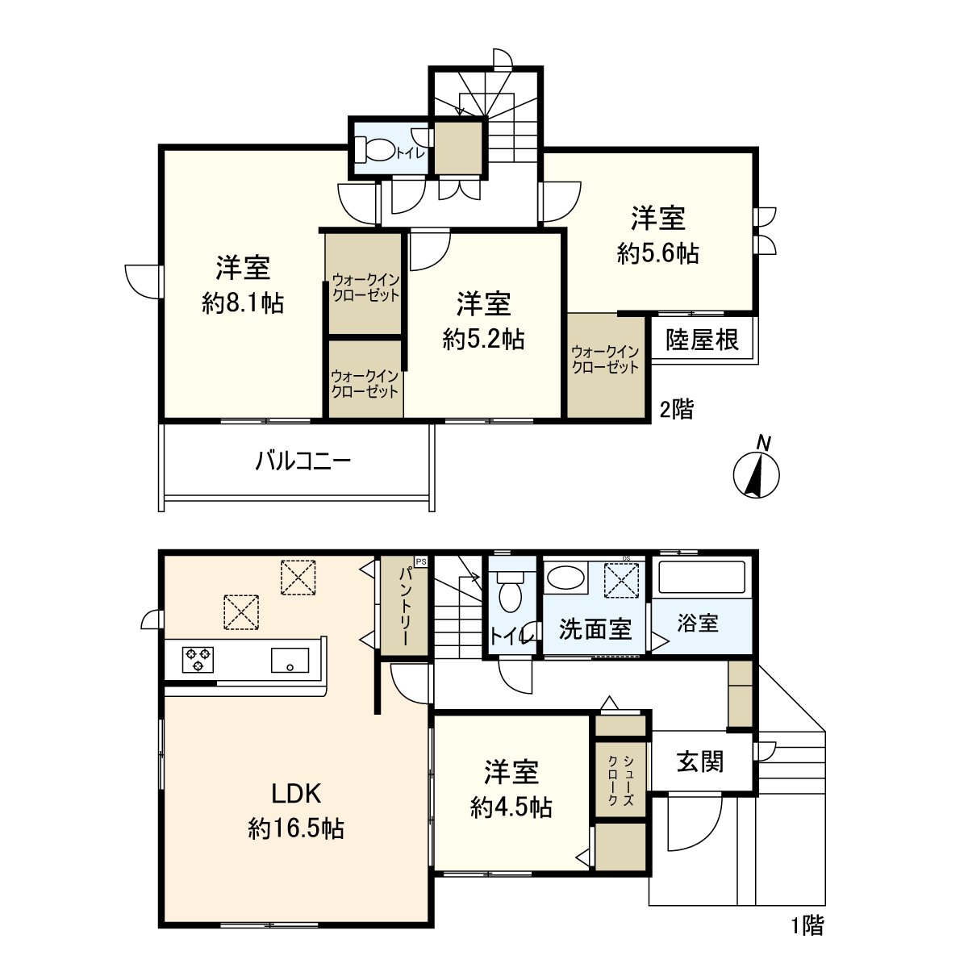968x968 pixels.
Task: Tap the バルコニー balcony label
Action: [302, 462]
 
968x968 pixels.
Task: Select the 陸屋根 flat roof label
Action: [702, 340]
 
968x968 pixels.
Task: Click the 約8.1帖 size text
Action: [242, 304]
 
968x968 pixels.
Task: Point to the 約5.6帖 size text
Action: [657, 254]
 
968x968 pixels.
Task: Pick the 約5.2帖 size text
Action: [483, 340]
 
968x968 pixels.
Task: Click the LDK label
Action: [296, 794]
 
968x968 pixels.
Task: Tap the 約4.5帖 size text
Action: [511, 807]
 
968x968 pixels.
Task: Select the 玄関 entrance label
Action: [699, 761]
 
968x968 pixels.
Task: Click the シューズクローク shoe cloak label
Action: [620, 781]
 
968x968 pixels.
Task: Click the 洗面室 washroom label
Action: [595, 629]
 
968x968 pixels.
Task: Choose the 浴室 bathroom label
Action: [698, 623]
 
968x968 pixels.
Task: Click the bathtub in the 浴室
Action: [702, 578]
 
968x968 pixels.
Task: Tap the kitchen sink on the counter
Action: [290, 661]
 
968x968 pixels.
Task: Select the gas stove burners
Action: [198, 660]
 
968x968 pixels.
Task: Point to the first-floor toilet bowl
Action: [510, 595]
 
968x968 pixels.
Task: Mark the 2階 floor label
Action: [676, 410]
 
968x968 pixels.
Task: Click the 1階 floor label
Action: [807, 926]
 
